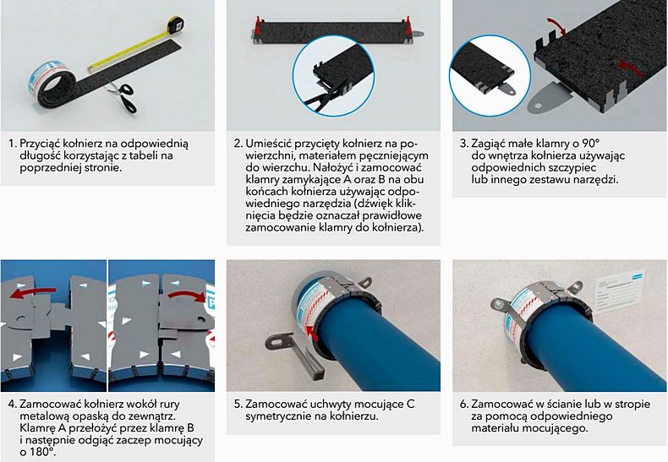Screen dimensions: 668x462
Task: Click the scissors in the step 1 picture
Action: point(123,96)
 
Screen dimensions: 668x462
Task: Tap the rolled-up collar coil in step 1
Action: point(53,84)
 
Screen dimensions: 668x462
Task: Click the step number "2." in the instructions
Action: point(238,144)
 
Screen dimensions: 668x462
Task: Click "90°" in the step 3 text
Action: point(590,143)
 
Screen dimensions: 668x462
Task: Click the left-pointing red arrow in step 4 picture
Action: point(33,292)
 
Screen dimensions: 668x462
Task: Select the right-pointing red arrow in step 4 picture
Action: point(187,296)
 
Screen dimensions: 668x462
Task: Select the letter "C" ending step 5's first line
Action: point(411,404)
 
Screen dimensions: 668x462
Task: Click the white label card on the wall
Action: point(619,292)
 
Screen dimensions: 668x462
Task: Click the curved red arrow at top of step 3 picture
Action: point(556,25)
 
